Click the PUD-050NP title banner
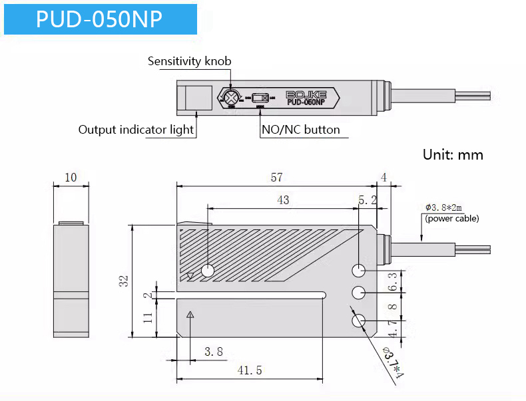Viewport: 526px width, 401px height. coord(100,19)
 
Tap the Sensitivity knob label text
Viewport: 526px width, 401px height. coord(189,61)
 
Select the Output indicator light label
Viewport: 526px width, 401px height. coord(136,130)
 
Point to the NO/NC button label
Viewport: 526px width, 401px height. coord(301,130)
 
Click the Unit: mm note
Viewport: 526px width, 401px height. coord(453,155)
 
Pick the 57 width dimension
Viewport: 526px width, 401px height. coord(276,178)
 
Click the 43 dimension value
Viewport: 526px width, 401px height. coord(283,200)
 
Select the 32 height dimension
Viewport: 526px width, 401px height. coord(124,281)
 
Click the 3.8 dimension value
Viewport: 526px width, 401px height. coord(213,351)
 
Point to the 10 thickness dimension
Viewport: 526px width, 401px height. coord(71,178)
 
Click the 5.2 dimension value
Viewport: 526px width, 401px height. coord(367,200)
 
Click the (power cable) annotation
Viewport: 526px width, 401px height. coord(451,218)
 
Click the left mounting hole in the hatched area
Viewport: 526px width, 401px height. coord(207,271)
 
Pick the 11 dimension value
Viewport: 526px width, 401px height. coord(148,317)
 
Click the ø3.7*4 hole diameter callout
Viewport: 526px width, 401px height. coord(393,363)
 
